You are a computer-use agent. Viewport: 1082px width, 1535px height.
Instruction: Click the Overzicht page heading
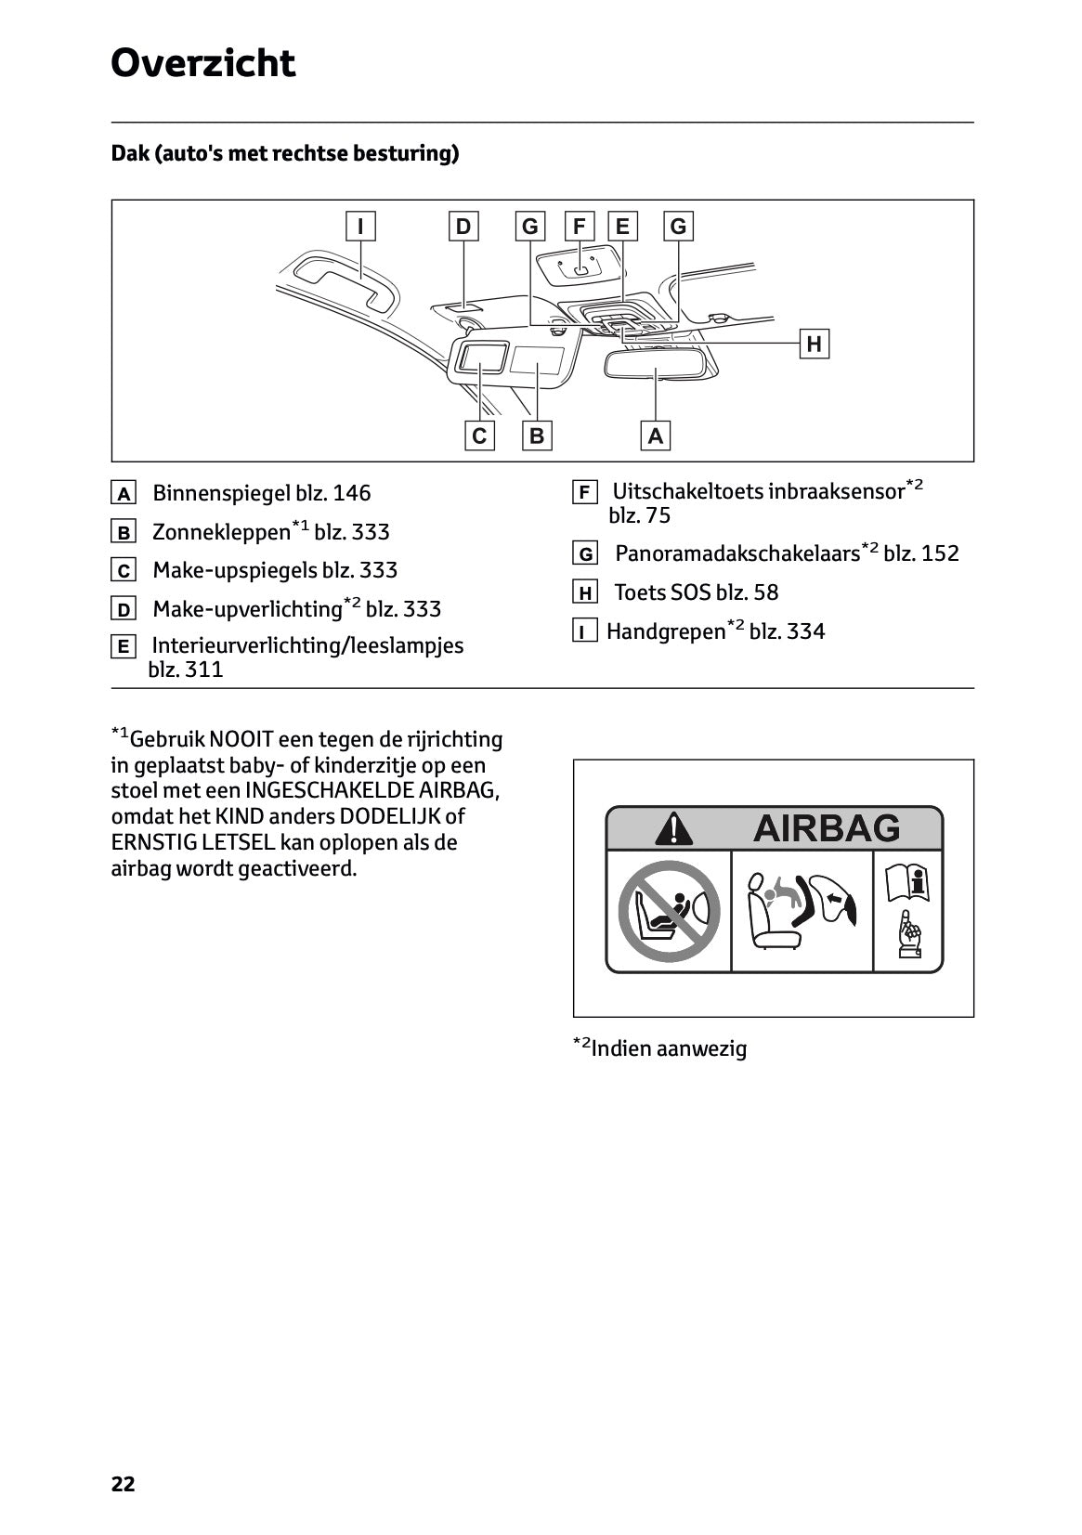[202, 63]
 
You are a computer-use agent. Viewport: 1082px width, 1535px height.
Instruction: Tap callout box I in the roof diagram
[360, 227]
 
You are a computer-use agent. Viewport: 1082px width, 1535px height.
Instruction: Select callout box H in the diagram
[814, 345]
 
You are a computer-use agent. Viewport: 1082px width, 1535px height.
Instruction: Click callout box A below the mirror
[655, 436]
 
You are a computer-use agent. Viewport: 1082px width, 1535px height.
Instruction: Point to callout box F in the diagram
[580, 227]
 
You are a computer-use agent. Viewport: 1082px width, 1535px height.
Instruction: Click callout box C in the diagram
[479, 436]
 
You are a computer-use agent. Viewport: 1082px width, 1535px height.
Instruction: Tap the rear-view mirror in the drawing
[656, 364]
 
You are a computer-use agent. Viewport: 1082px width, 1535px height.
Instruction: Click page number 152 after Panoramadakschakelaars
[940, 553]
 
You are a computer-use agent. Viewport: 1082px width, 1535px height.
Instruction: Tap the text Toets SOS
[662, 592]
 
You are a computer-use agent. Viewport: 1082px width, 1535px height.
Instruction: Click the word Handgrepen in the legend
[665, 632]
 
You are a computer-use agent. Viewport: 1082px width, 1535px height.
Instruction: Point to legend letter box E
[123, 646]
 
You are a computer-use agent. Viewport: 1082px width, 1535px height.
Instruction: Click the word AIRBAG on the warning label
[826, 827]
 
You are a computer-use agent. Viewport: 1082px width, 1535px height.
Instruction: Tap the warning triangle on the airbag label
[673, 828]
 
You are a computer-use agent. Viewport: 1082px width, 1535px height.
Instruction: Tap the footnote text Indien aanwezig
[669, 1049]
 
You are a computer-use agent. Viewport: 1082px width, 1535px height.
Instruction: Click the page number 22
[123, 1484]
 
